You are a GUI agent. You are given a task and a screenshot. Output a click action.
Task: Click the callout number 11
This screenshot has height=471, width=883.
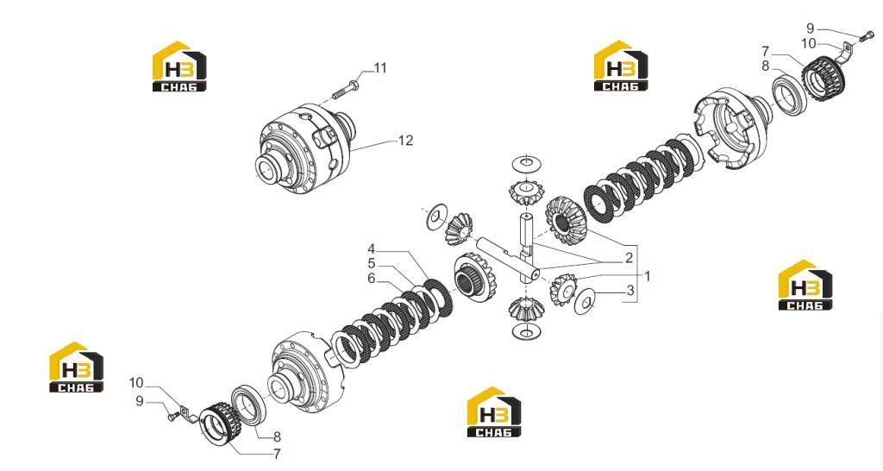point(380,68)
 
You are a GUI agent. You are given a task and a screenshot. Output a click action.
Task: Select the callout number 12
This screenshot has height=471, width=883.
point(405,141)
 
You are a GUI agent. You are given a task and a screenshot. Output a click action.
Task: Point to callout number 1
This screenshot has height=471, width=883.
point(647,276)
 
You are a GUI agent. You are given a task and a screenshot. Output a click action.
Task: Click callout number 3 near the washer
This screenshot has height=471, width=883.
point(630,291)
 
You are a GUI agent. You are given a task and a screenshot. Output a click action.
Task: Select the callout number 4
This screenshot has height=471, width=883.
point(371,249)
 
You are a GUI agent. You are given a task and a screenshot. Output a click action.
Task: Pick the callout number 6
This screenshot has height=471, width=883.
point(371,279)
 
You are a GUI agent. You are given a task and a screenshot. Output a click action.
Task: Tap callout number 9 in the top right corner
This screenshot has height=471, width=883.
point(810,28)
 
